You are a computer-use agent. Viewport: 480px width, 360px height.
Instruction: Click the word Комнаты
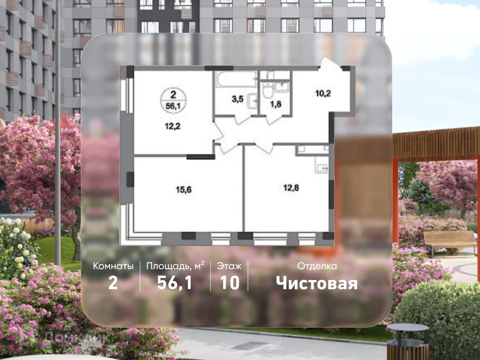coord(113,266)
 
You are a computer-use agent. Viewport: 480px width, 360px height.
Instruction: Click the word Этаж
coord(229,266)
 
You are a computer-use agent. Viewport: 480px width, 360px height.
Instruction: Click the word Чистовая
coord(317,283)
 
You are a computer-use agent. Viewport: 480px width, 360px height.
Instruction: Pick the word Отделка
coord(317,266)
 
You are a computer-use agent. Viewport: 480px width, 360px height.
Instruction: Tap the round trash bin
coord(408,342)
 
